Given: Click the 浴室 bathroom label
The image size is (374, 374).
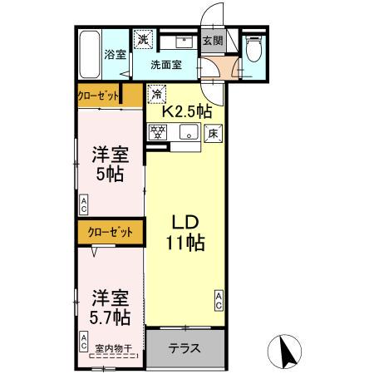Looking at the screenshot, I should click(x=115, y=57).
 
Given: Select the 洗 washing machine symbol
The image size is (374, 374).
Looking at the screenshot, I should click(x=143, y=39).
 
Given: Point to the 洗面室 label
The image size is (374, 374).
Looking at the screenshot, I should click(x=166, y=65).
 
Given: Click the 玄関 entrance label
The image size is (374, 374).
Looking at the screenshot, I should click(x=213, y=40).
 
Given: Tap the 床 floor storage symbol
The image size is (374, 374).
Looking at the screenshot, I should click(x=213, y=130).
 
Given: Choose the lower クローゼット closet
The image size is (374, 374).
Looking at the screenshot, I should click(x=108, y=233).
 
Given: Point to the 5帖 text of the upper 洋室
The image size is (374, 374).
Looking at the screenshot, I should click(x=111, y=175).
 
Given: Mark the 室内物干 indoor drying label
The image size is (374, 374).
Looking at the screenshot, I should click(x=115, y=348).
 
